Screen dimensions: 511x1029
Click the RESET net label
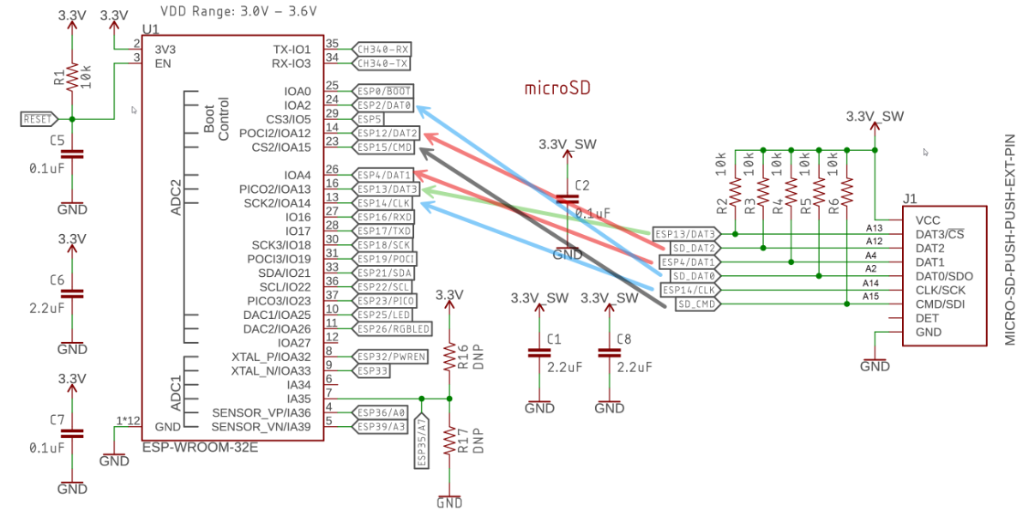tap(39, 119)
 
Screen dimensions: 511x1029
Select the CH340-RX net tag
tap(382, 49)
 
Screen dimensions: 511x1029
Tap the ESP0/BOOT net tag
tap(384, 91)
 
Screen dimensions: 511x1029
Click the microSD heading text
tap(557, 88)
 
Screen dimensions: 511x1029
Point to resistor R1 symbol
tap(72, 77)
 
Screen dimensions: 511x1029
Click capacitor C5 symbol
tap(72, 154)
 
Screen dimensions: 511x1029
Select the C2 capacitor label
tap(582, 184)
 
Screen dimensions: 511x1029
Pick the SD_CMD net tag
tap(695, 304)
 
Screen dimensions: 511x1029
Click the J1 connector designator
tap(911, 198)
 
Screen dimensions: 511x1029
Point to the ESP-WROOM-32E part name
tap(201, 448)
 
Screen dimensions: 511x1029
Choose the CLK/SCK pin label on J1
tap(940, 290)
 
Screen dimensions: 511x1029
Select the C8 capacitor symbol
tap(610, 352)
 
